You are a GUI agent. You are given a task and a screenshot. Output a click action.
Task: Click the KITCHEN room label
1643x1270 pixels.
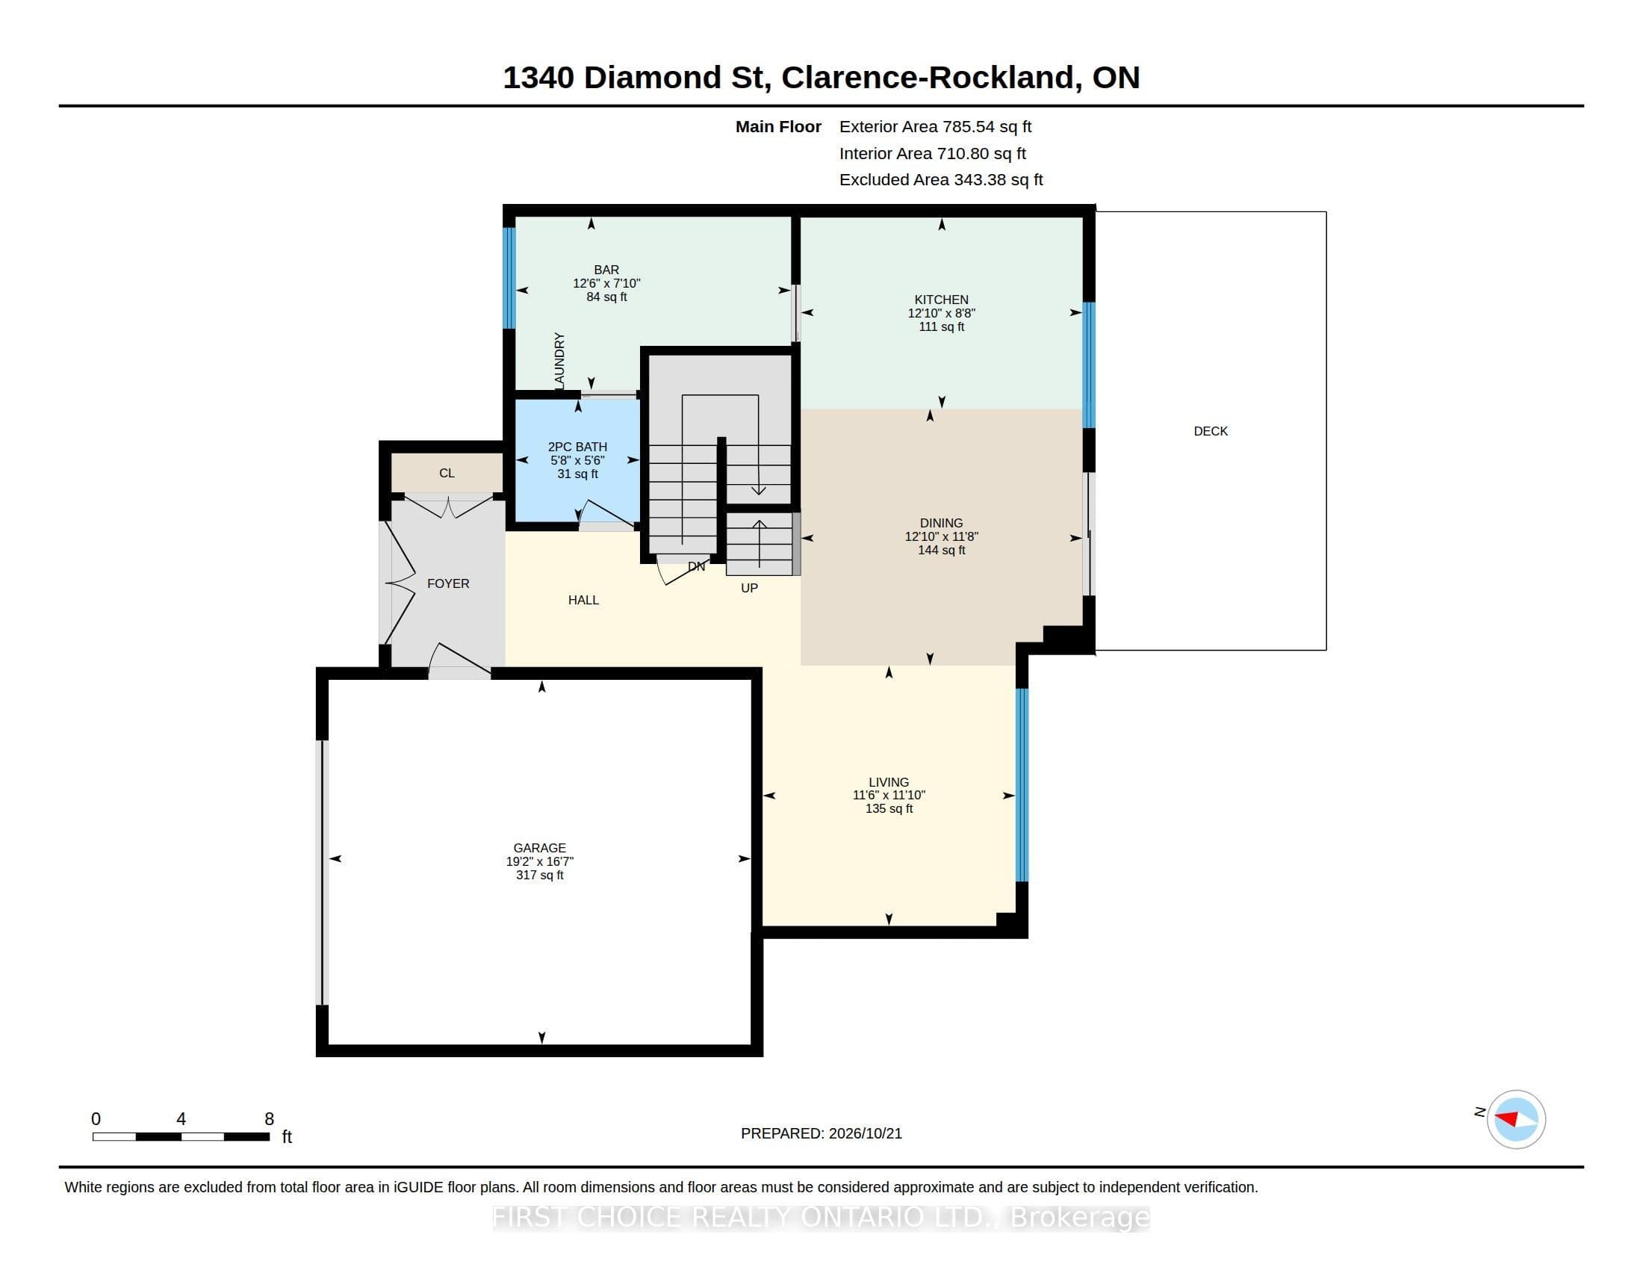point(941,300)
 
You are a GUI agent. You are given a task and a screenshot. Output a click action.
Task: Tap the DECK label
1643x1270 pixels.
point(1211,431)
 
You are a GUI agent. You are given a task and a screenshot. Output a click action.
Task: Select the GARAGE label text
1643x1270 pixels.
point(539,848)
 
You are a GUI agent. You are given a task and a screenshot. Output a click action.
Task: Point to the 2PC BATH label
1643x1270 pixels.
point(577,447)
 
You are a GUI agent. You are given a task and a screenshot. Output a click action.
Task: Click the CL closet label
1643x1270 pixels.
point(447,473)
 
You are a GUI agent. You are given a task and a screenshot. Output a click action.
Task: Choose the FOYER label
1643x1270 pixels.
point(448,584)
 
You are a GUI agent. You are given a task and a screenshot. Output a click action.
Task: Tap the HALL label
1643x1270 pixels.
point(584,601)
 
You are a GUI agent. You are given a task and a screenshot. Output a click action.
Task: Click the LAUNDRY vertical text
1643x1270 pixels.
point(559,361)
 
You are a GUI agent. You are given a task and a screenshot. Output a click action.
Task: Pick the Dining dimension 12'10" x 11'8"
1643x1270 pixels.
point(941,536)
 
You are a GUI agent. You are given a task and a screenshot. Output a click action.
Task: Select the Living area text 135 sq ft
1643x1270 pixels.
point(889,809)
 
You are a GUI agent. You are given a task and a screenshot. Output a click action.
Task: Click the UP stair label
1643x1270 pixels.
point(749,589)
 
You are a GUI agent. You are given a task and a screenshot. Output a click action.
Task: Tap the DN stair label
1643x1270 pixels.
point(697,566)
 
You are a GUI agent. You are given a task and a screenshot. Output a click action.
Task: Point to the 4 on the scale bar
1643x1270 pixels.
point(181,1119)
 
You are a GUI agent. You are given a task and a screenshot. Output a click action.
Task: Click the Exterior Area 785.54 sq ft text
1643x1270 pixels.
point(935,127)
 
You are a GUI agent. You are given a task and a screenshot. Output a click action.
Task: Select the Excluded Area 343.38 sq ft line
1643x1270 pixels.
point(941,180)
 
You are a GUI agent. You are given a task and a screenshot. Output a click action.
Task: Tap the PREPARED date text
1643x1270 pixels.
point(821,1134)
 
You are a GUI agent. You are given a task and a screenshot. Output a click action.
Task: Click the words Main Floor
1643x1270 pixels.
point(778,127)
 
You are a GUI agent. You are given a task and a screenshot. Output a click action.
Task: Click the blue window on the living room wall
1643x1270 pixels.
point(1022,784)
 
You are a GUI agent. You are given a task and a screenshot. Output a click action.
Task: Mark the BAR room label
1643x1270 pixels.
point(606,270)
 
